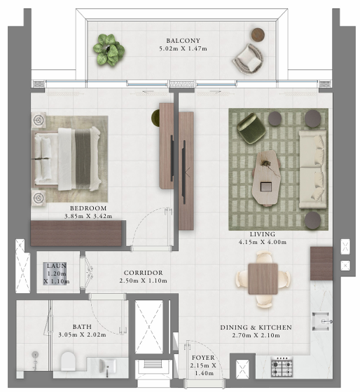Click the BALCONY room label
pyautogui.click(x=184, y=41)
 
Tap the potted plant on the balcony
pyautogui.click(x=109, y=50)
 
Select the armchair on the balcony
pyautogui.click(x=248, y=59)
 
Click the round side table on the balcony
pyautogui.click(x=258, y=34)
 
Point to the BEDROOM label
pyautogui.click(x=88, y=208)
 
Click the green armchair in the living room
pyautogui.click(x=251, y=128)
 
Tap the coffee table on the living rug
pyautogui.click(x=266, y=177)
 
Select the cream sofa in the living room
pyautogui.click(x=313, y=169)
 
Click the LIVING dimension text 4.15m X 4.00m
pyautogui.click(x=263, y=242)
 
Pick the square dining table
pyautogui.click(x=263, y=278)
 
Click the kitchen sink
pyautogui.click(x=321, y=321)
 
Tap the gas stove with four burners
pyautogui.click(x=282, y=367)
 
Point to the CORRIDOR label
pyautogui.click(x=144, y=273)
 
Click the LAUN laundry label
pyautogui.click(x=57, y=266)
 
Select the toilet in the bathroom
pyautogui.click(x=68, y=361)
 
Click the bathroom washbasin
pyautogui.click(x=108, y=366)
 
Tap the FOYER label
pyautogui.click(x=203, y=358)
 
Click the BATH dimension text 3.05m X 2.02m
pyautogui.click(x=82, y=334)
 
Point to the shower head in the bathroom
pyautogui.click(x=35, y=354)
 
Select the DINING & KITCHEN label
pyautogui.click(x=256, y=327)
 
